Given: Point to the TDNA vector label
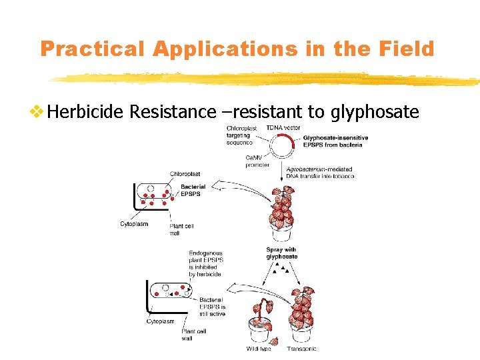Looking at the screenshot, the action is (x=283, y=127).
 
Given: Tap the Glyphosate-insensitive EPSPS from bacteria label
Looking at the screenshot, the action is (x=335, y=141).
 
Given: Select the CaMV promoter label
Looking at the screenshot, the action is (x=257, y=160).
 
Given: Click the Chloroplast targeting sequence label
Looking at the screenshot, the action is (x=240, y=135).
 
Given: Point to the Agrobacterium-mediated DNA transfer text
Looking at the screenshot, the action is (x=319, y=173).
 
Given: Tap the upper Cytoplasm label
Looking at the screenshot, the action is (x=134, y=223).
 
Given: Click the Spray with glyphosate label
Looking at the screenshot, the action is (x=281, y=253).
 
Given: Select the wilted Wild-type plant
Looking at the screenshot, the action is (x=261, y=310).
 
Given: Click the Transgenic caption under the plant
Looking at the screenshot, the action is (x=301, y=349).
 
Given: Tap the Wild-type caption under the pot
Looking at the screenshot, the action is (x=259, y=349).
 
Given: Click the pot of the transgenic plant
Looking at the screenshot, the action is (x=301, y=331).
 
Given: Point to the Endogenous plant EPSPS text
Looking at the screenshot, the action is (x=205, y=263).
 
